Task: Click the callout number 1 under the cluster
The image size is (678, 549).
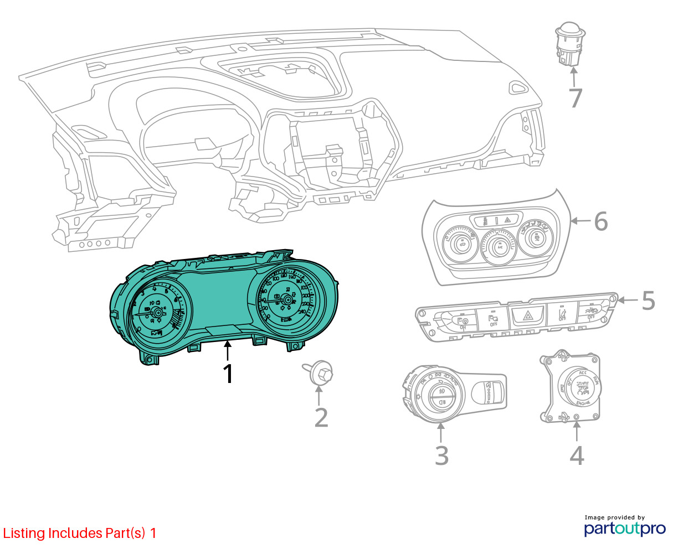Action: [228, 374]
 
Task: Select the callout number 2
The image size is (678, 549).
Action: [321, 418]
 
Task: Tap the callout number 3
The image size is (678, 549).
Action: [441, 455]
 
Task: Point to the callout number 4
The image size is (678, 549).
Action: [577, 455]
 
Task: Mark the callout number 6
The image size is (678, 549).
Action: [601, 221]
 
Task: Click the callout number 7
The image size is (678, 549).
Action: [576, 99]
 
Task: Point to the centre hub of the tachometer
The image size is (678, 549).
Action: [157, 313]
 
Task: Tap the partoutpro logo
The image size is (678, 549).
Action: [624, 528]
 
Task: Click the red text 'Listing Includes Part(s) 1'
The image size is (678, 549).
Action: [80, 533]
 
